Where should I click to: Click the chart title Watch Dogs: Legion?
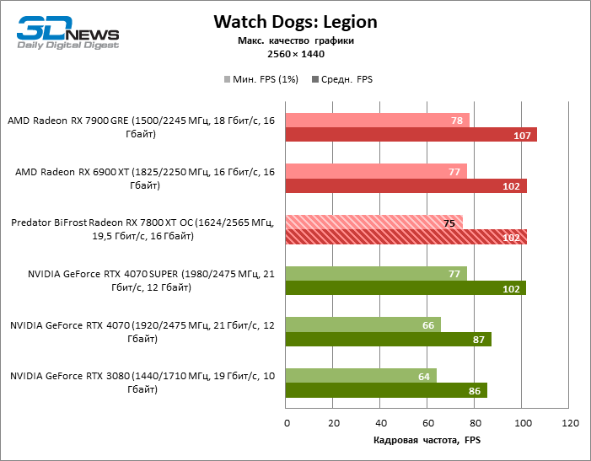[x=294, y=21]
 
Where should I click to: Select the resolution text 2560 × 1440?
[x=294, y=54]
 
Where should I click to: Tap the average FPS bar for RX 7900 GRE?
[x=411, y=135]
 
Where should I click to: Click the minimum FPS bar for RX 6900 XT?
[x=376, y=172]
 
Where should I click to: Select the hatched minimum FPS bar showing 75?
[x=374, y=222]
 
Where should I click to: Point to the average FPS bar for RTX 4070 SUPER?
[x=406, y=288]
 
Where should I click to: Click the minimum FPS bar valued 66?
[x=363, y=324]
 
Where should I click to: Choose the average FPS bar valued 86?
[x=387, y=390]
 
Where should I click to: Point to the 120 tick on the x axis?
[x=571, y=422]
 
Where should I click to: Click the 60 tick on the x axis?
[x=428, y=422]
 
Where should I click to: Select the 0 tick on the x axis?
[x=287, y=422]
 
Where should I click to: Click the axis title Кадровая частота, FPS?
[x=426, y=441]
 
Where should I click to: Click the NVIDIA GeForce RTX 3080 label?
[x=141, y=383]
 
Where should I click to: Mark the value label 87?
[x=479, y=340]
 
